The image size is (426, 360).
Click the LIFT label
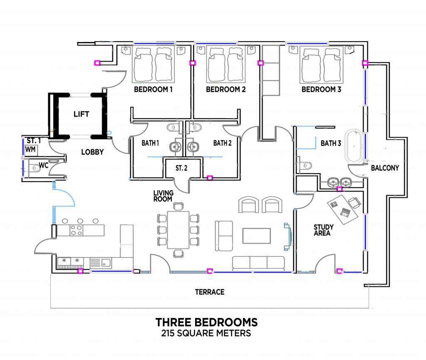pyautogui.click(x=81, y=114)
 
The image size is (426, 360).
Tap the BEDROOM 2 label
pyautogui.click(x=226, y=89)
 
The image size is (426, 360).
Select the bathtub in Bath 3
pyautogui.click(x=354, y=146)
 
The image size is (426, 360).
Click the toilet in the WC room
pyautogui.click(x=35, y=168)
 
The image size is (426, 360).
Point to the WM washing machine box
pyautogui.click(x=30, y=150)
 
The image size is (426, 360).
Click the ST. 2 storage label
pyautogui.click(x=181, y=168)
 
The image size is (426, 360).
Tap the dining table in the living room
pyautogui.click(x=178, y=230)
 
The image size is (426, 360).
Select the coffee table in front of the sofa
pyautogui.click(x=256, y=236)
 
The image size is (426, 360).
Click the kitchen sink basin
pyautogui.click(x=106, y=263)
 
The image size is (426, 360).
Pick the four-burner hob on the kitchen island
pyautogui.click(x=77, y=230)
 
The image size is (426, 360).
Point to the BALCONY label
pyautogui.click(x=385, y=168)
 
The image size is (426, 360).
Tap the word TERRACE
pyautogui.click(x=210, y=292)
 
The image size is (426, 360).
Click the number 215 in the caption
pyautogui.click(x=168, y=333)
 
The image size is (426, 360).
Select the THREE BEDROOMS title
pyautogui.click(x=206, y=322)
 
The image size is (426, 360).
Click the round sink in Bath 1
pyautogui.click(x=176, y=147)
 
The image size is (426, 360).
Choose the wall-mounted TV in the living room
pyautogui.click(x=287, y=237)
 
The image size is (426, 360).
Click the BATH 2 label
pyautogui.click(x=222, y=143)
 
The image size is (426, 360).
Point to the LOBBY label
pyautogui.click(x=92, y=152)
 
